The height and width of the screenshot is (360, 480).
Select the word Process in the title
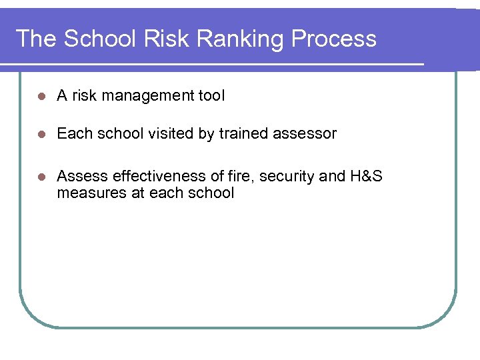pyautogui.click(x=334, y=39)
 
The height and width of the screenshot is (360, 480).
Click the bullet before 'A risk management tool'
pyautogui.click(x=41, y=96)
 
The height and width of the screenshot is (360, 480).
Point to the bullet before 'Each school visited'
pyautogui.click(x=41, y=134)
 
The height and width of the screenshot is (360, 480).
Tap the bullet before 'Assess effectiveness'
pyautogui.click(x=41, y=177)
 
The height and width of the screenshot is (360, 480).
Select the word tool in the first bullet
pyautogui.click(x=212, y=95)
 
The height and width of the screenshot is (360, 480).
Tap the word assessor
pyautogui.click(x=305, y=134)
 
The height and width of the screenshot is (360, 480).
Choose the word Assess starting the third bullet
pyautogui.click(x=83, y=176)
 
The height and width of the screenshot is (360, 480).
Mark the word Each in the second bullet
pyautogui.click(x=72, y=133)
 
